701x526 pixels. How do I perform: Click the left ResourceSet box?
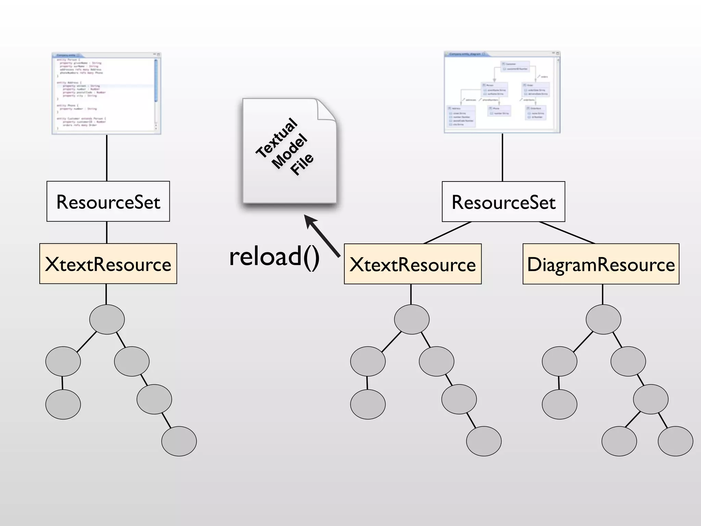tap(108, 201)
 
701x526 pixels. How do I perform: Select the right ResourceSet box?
tap(503, 202)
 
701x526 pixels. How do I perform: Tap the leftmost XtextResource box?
tap(108, 264)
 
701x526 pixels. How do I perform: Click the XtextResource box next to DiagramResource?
tap(412, 264)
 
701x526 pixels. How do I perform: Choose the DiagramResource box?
tap(601, 264)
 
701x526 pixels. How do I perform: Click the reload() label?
tap(274, 256)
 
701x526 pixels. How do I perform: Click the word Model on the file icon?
tap(290, 151)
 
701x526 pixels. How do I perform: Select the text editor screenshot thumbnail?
tap(106, 93)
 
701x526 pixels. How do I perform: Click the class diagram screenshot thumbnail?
tap(502, 92)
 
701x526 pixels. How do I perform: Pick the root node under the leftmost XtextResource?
tap(107, 319)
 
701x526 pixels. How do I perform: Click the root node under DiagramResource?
tap(603, 319)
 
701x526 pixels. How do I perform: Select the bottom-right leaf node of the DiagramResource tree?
tap(675, 441)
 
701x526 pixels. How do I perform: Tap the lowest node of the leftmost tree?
tap(179, 441)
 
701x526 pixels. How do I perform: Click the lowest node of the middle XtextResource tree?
tap(484, 441)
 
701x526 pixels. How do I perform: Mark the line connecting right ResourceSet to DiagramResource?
tap(566, 233)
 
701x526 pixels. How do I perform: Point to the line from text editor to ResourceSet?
tap(107, 158)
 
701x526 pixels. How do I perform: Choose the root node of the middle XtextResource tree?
tap(411, 319)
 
